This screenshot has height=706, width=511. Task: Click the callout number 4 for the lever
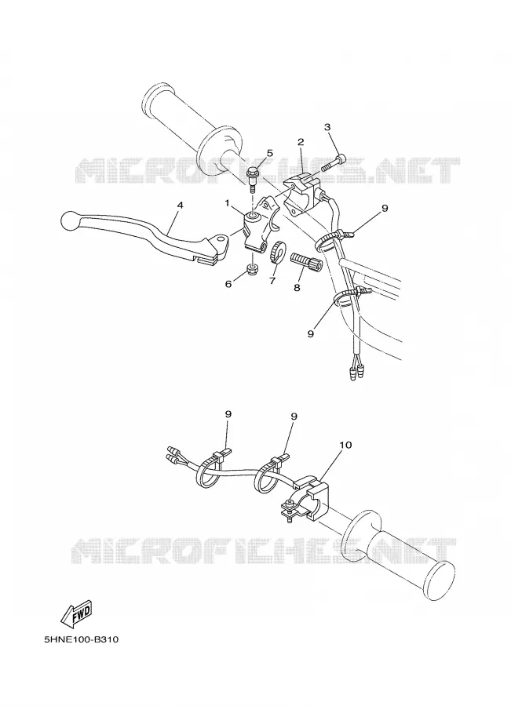coord(180,205)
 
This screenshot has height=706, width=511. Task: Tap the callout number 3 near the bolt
coord(327,127)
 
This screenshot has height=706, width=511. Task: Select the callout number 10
coord(345,445)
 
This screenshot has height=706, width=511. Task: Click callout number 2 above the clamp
coord(301,142)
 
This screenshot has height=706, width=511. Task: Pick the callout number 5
coord(269,153)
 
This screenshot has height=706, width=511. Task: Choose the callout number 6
coord(228,284)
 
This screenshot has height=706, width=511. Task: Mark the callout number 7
coord(272,281)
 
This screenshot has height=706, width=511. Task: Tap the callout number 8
coord(297,287)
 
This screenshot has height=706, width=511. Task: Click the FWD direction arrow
coord(77,614)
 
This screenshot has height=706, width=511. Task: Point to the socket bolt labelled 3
coord(335,162)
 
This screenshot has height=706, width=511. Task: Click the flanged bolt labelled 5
coord(253,178)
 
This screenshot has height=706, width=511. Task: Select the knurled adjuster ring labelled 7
coord(276,251)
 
